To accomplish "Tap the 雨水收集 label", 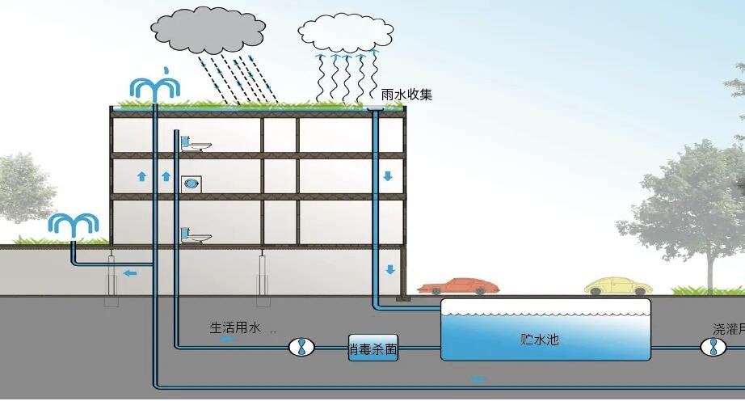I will (406, 95).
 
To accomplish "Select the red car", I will (458, 286).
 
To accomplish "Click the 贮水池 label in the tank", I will (540, 340).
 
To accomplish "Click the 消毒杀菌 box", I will (373, 348).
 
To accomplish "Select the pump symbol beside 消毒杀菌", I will (301, 348).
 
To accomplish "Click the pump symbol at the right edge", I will (711, 348).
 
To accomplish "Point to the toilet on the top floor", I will (194, 143).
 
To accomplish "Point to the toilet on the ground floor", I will (194, 235).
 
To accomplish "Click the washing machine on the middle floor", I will (192, 184).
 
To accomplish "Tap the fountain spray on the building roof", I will (154, 86).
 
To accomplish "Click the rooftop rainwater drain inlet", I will (376, 108).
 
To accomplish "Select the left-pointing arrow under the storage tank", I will (478, 378).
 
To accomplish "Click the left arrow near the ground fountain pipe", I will (130, 273).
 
